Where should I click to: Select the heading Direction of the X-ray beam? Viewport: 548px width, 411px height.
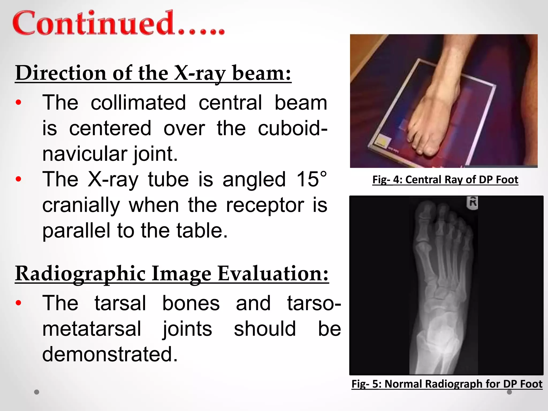(153, 73)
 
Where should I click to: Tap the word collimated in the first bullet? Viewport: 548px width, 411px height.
(138, 103)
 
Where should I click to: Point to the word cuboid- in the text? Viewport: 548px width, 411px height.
(292, 128)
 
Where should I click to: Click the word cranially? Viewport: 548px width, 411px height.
(81, 205)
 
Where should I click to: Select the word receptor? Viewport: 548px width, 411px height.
(265, 205)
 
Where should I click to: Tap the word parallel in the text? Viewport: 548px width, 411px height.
(76, 231)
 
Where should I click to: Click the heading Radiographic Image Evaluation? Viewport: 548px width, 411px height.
(172, 274)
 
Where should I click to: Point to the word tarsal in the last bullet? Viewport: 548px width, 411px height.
(120, 303)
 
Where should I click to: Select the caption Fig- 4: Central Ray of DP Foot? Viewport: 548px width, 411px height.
(445, 180)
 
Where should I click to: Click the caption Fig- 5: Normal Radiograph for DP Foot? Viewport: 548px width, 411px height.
(447, 384)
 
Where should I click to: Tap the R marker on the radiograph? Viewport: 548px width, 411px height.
(473, 203)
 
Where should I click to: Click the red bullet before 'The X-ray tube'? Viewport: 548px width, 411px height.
(18, 179)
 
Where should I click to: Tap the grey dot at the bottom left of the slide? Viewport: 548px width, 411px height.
(37, 392)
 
